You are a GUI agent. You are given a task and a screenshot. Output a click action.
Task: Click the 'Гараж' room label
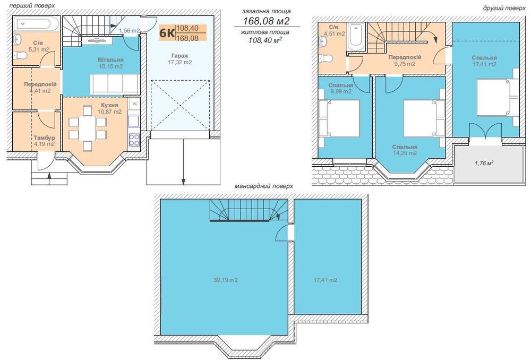(180, 56)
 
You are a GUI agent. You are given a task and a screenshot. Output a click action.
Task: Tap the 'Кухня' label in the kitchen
(109, 105)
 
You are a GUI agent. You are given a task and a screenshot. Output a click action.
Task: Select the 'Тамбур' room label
(45, 138)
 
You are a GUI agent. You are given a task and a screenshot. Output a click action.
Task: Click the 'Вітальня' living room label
(111, 60)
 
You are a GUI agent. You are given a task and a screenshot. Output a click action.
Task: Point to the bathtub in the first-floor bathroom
(37, 24)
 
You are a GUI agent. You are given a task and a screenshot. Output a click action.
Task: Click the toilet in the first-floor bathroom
(22, 55)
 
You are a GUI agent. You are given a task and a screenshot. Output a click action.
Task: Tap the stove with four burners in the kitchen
(134, 140)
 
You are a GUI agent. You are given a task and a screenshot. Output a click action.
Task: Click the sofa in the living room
(114, 84)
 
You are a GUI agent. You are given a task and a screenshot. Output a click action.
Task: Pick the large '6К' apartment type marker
(167, 33)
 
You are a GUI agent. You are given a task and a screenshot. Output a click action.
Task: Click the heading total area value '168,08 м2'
(267, 21)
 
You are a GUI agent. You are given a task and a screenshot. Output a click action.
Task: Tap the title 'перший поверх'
(32, 5)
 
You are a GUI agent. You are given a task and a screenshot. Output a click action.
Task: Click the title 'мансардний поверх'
(264, 186)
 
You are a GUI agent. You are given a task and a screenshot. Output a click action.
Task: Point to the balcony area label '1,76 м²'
(484, 163)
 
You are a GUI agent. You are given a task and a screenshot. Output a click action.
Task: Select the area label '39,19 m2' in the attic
(226, 280)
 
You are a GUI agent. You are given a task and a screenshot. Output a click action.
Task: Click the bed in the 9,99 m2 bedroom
(339, 118)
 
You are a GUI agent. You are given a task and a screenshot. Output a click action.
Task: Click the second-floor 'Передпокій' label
(405, 57)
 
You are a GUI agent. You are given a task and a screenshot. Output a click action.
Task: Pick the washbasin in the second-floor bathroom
(323, 41)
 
